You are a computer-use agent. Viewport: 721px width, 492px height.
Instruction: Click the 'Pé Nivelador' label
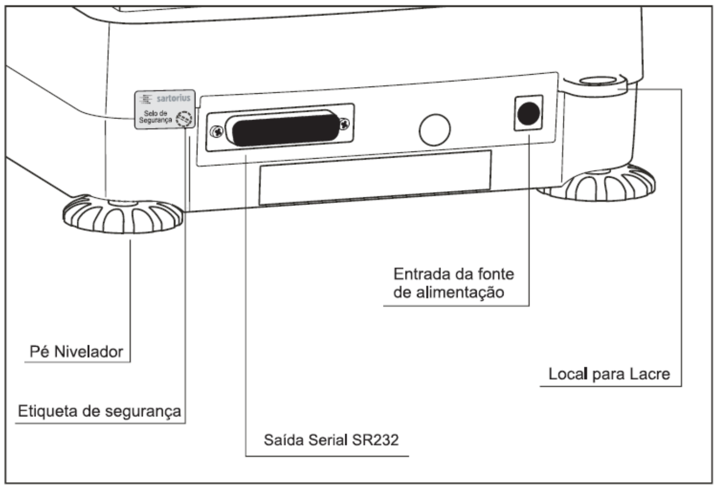pos(76,351)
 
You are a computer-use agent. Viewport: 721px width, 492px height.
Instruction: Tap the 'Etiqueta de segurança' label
pos(99,412)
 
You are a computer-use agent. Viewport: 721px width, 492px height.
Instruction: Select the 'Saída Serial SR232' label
pos(331,440)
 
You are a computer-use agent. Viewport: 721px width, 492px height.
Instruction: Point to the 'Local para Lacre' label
pos(609,374)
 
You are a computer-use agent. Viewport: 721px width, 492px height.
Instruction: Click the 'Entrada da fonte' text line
pos(454,274)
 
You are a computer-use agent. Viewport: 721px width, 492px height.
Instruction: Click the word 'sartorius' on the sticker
pos(174,98)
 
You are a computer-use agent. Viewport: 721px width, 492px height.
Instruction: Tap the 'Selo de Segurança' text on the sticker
pos(156,116)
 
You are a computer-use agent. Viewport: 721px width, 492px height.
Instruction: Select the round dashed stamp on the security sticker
pos(184,118)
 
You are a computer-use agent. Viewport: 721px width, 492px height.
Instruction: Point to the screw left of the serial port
pos(217,131)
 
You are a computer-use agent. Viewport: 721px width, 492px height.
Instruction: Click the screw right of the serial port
pos(344,123)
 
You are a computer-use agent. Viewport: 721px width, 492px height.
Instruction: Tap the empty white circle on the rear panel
pos(434,130)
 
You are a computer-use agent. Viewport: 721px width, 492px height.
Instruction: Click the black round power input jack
pos(529,113)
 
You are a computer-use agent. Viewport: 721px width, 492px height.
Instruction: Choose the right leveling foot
pos(599,183)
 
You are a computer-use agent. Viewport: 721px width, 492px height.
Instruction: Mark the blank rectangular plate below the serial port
pos(375,177)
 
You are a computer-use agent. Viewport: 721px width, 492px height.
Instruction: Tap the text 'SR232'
pos(375,440)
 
